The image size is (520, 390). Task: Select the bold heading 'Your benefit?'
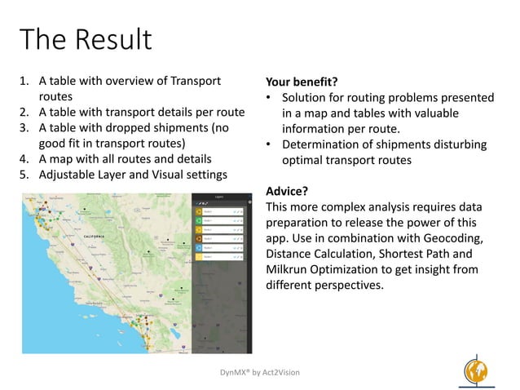(302, 82)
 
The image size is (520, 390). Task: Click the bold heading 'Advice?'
(286, 192)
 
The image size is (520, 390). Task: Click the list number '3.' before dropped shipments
(25, 128)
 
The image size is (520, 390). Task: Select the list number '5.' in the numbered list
(25, 174)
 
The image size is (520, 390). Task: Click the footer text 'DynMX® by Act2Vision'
(260, 372)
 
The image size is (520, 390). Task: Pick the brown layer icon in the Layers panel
(197, 232)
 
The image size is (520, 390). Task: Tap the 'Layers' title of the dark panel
(219, 197)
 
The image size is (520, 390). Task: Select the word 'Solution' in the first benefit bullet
(306, 98)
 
